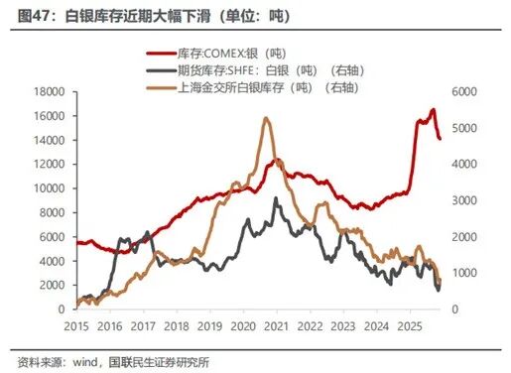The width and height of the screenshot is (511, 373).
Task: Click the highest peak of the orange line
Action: (x=266, y=118)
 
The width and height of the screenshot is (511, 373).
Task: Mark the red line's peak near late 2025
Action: (x=433, y=110)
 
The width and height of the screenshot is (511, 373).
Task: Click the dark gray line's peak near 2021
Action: (x=277, y=198)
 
